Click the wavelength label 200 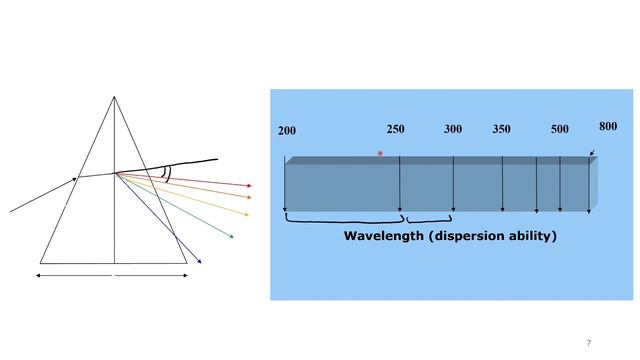click(x=287, y=131)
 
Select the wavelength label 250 click(x=396, y=129)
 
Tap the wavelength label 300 click(x=453, y=129)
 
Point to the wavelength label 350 click(x=501, y=129)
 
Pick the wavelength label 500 click(x=560, y=129)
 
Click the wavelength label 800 click(x=608, y=127)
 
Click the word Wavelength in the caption click(x=384, y=236)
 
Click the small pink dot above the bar click(x=380, y=153)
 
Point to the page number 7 click(x=589, y=343)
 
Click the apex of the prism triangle click(x=114, y=97)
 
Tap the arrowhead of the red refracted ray click(x=249, y=186)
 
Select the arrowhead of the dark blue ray click(x=199, y=261)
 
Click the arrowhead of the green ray click(x=231, y=236)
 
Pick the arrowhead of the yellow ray click(x=246, y=214)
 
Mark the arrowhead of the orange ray click(x=249, y=198)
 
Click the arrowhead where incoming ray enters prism click(x=74, y=179)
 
